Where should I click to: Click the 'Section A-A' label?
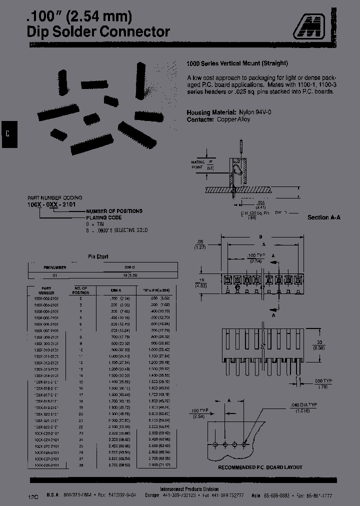(323, 217)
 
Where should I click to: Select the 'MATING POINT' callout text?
(198, 165)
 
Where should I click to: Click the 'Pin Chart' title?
(98, 256)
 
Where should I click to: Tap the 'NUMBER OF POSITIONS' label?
(115, 211)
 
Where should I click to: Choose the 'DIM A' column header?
(115, 289)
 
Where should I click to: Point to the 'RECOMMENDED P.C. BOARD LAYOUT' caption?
(260, 467)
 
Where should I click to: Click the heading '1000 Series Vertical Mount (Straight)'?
(237, 63)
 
